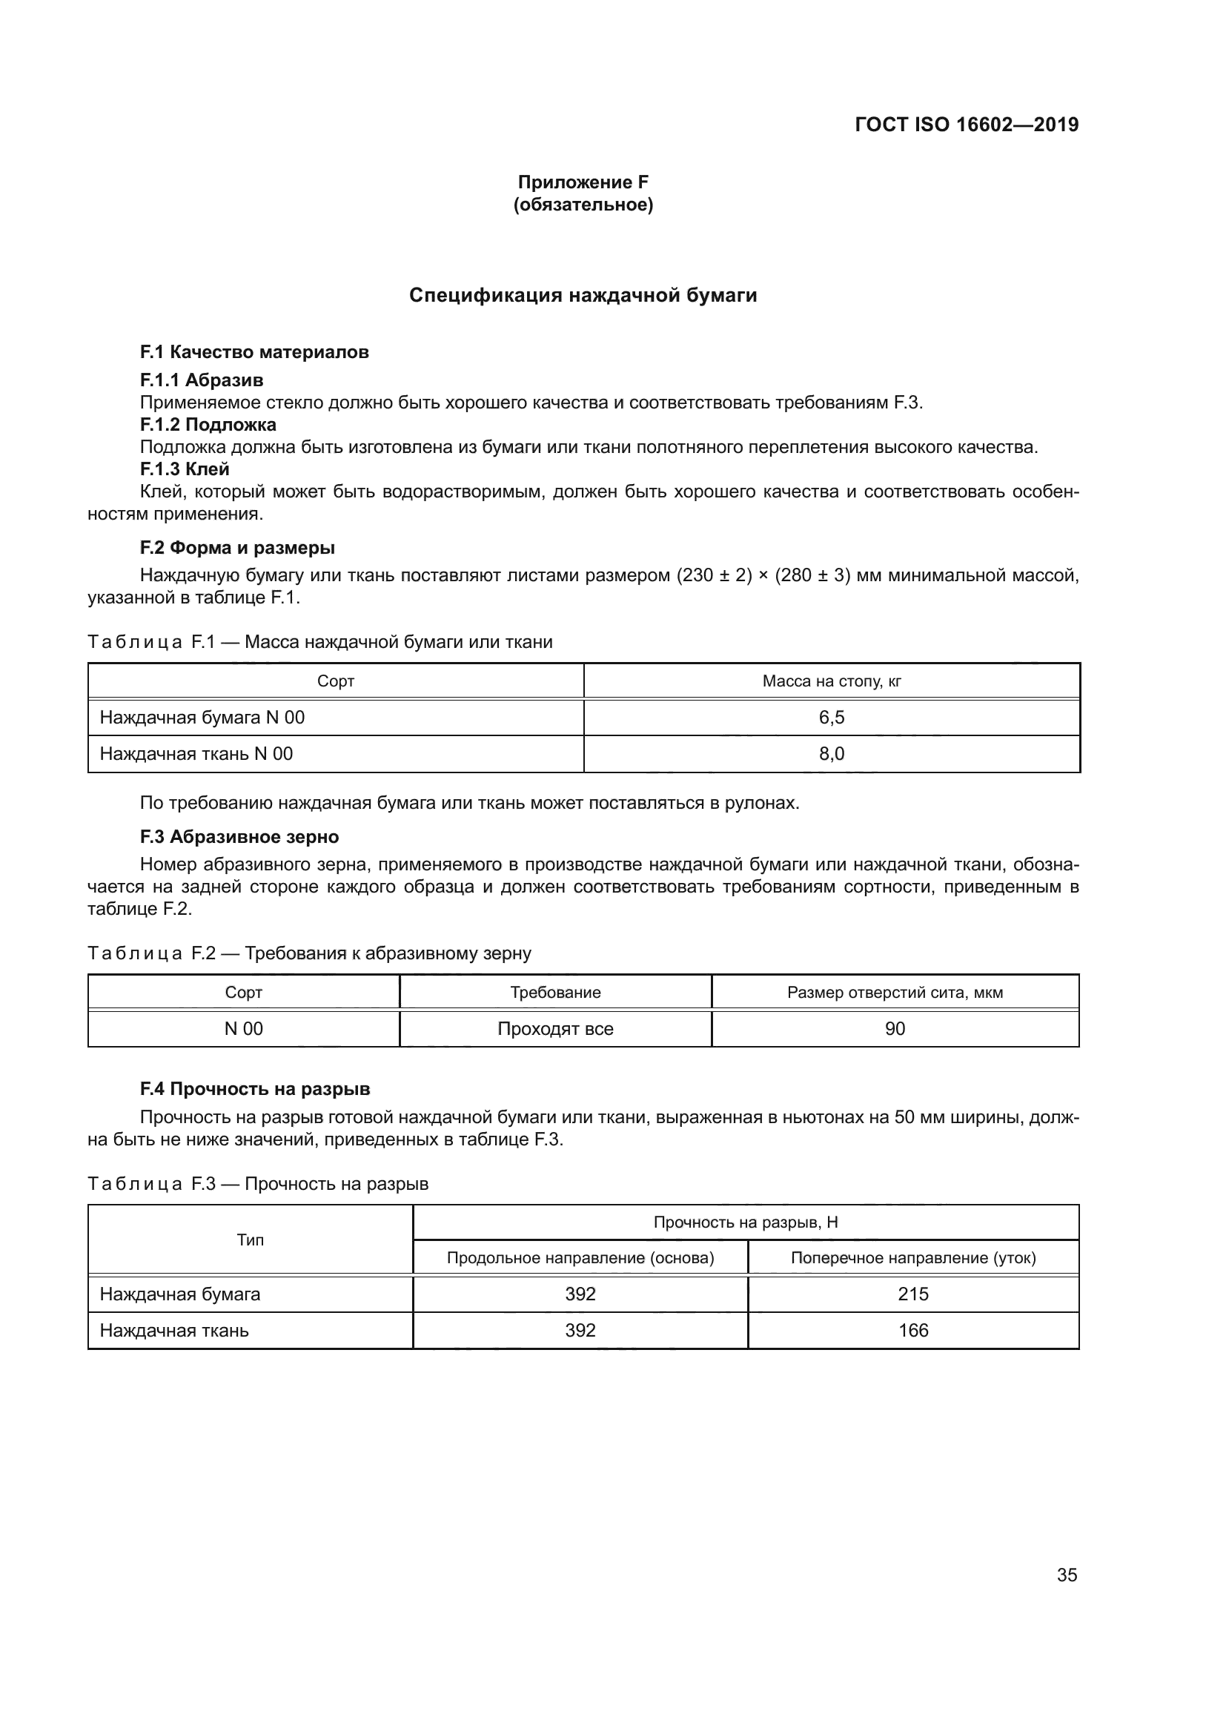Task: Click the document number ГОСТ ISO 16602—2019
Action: pyautogui.click(x=967, y=125)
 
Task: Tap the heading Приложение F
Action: pyautogui.click(x=583, y=182)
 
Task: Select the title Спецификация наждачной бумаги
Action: pyautogui.click(x=583, y=295)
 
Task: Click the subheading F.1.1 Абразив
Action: pyautogui.click(x=202, y=380)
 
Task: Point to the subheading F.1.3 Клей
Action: pyautogui.click(x=185, y=469)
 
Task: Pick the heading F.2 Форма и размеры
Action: pyautogui.click(x=237, y=548)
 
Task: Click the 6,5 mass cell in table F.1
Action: pyautogui.click(x=831, y=718)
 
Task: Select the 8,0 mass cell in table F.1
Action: pyautogui.click(x=831, y=754)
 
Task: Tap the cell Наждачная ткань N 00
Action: pyautogui.click(x=196, y=754)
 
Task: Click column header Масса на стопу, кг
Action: pyautogui.click(x=831, y=681)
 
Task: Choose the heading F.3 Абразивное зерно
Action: pyautogui.click(x=239, y=837)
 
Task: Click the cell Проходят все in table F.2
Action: pyautogui.click(x=555, y=1029)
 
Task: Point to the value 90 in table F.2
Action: pyautogui.click(x=895, y=1029)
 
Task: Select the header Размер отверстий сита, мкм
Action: pyautogui.click(x=895, y=993)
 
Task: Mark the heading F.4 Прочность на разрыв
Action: pyautogui.click(x=255, y=1089)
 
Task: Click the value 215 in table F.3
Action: pyautogui.click(x=912, y=1294)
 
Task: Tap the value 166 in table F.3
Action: pyautogui.click(x=912, y=1331)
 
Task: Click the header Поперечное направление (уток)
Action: pyautogui.click(x=912, y=1258)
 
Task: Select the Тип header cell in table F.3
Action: pyautogui.click(x=250, y=1240)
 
